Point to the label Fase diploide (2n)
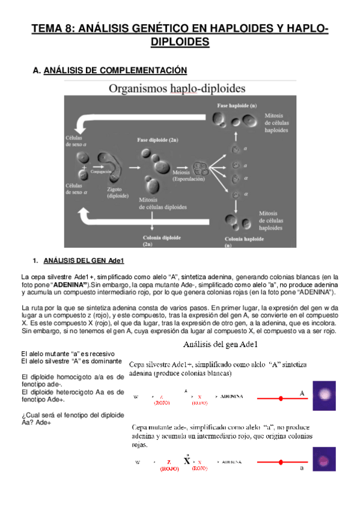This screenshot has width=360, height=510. (157, 140)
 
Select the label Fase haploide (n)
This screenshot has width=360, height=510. (236, 105)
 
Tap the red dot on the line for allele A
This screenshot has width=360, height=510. (280, 399)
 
